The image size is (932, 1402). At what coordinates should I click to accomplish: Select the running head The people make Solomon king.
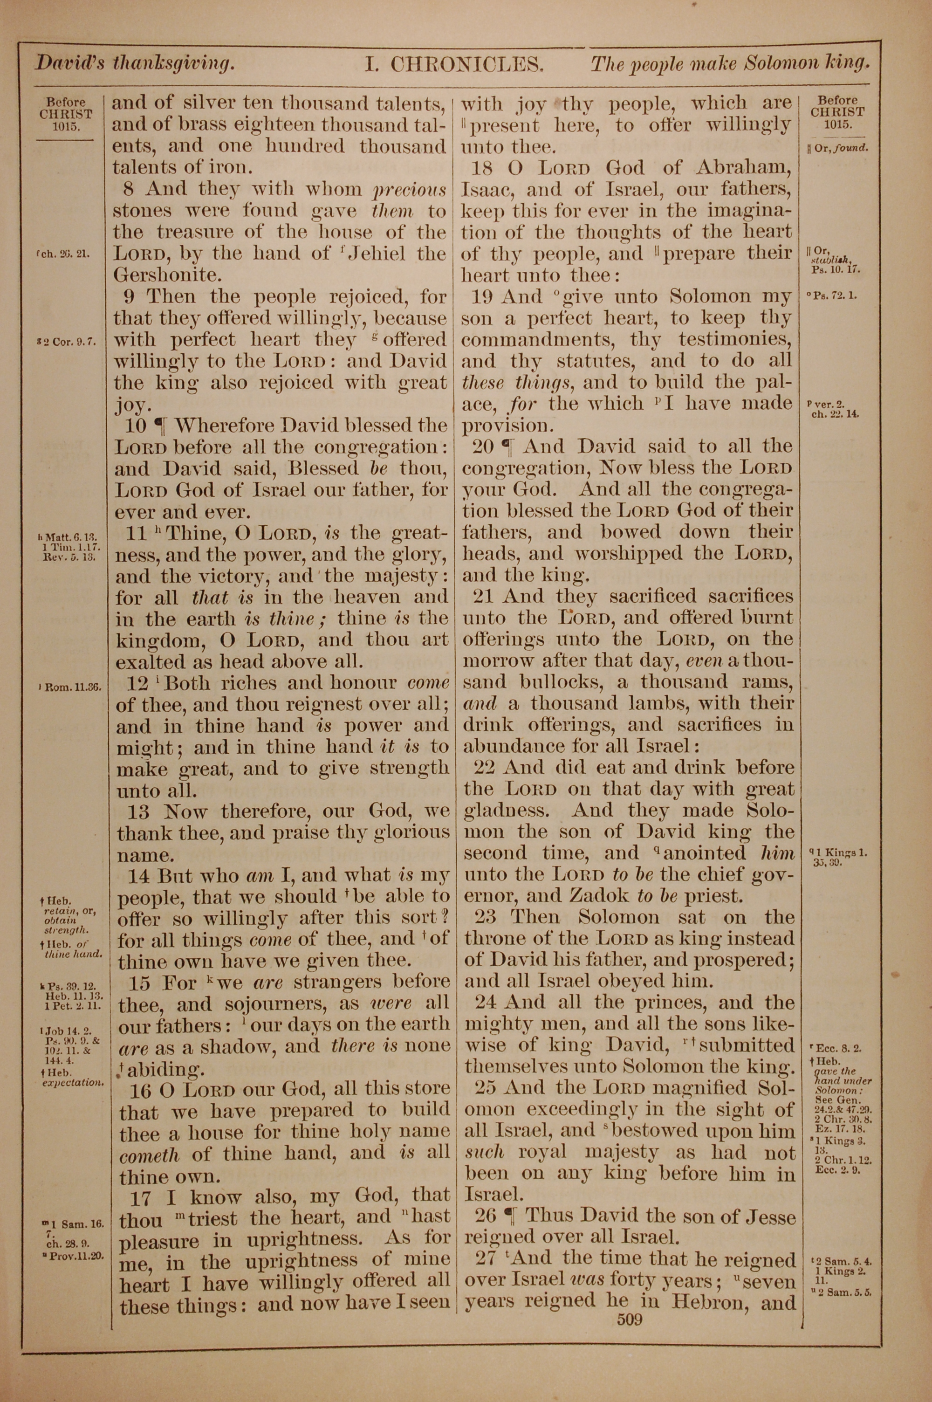730,63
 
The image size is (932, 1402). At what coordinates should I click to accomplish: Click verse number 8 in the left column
129,189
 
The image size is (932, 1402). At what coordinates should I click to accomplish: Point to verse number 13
138,812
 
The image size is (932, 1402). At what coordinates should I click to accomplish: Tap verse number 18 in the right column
483,168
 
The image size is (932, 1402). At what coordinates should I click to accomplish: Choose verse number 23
486,917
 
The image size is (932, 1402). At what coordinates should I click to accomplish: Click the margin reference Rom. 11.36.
71,687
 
